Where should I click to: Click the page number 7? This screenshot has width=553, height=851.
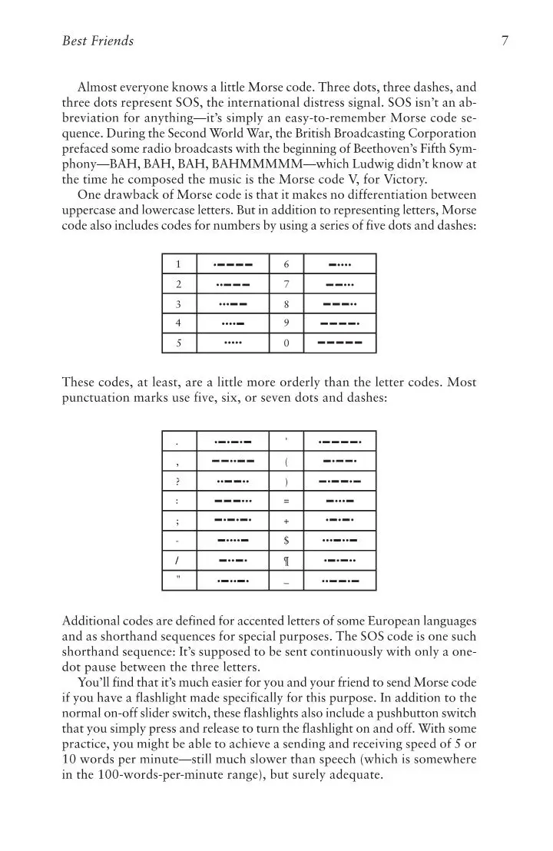click(x=504, y=41)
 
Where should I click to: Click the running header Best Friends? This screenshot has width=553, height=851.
click(x=98, y=41)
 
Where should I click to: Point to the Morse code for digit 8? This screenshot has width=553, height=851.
click(x=339, y=303)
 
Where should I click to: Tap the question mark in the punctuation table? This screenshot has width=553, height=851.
click(x=178, y=482)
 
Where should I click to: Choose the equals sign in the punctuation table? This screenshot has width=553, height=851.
click(x=286, y=502)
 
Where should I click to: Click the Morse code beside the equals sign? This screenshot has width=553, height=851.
click(x=339, y=502)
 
